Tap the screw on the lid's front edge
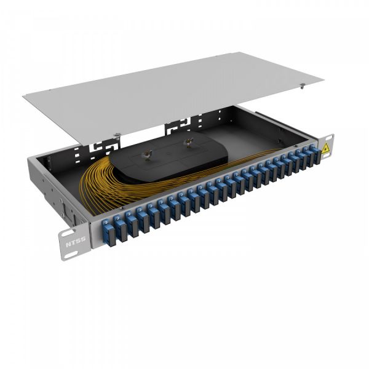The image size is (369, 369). (x=117, y=134)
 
